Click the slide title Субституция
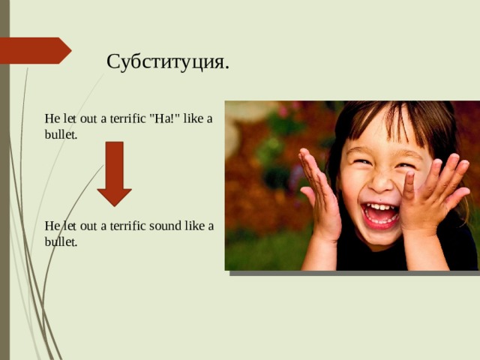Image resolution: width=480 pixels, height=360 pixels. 168,61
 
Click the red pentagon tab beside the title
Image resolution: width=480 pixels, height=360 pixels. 34,50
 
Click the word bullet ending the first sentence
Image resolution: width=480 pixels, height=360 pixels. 61,135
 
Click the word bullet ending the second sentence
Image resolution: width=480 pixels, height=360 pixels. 61,242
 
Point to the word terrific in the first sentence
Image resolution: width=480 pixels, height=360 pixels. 124,118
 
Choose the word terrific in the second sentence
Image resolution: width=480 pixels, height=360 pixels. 124,226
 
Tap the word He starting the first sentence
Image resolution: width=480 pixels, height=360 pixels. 51,118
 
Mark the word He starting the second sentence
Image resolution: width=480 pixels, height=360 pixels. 51,226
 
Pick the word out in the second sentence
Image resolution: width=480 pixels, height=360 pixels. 85,226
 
